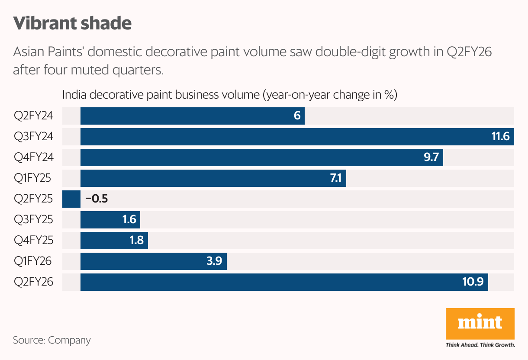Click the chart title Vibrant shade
(x=72, y=23)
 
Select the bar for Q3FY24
(x=281, y=137)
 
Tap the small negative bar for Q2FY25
(x=71, y=199)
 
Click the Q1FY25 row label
(x=33, y=178)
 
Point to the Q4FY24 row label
(x=34, y=157)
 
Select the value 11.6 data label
(x=501, y=137)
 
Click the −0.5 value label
(x=96, y=199)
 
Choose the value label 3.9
(x=215, y=261)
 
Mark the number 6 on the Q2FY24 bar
(x=297, y=116)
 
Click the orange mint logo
(x=480, y=323)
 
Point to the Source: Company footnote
(x=52, y=340)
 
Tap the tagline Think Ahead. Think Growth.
(x=480, y=345)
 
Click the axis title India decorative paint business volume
(x=230, y=95)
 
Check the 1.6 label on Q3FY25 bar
(x=129, y=220)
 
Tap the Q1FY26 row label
(x=33, y=261)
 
